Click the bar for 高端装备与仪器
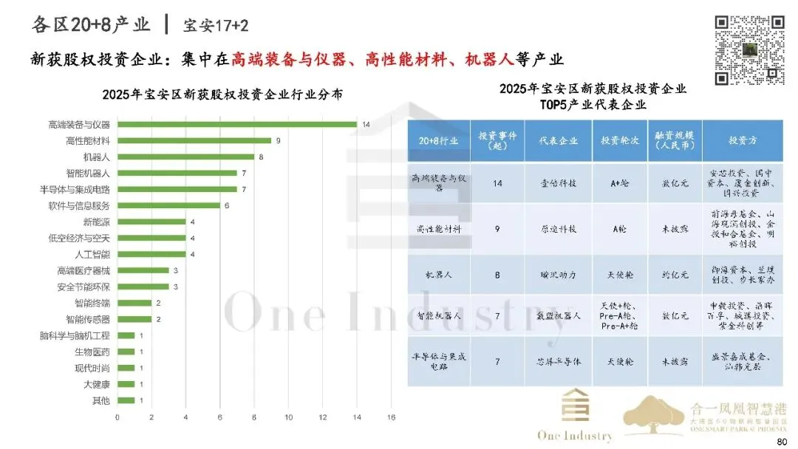(x=236, y=124)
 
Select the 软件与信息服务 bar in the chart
(x=168, y=205)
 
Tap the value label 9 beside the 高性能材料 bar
(x=278, y=140)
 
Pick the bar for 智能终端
(x=134, y=303)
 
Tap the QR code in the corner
(x=748, y=50)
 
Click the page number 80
(x=782, y=441)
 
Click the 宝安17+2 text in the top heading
(x=216, y=26)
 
